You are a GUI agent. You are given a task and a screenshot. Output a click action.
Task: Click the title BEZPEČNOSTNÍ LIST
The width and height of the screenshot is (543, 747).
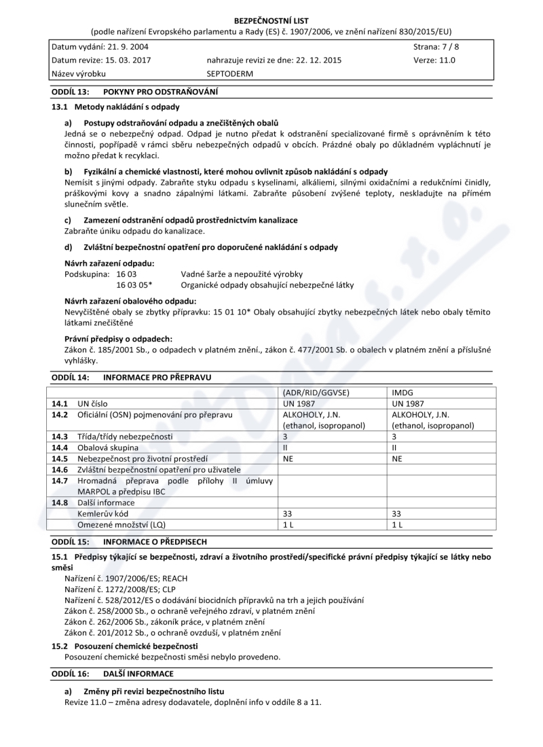point(271,21)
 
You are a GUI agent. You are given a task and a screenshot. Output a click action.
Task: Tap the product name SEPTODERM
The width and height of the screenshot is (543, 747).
point(229,73)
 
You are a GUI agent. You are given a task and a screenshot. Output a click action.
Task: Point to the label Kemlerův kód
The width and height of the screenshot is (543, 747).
point(102,514)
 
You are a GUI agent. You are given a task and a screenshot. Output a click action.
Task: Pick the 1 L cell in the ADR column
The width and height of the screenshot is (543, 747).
point(288,525)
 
